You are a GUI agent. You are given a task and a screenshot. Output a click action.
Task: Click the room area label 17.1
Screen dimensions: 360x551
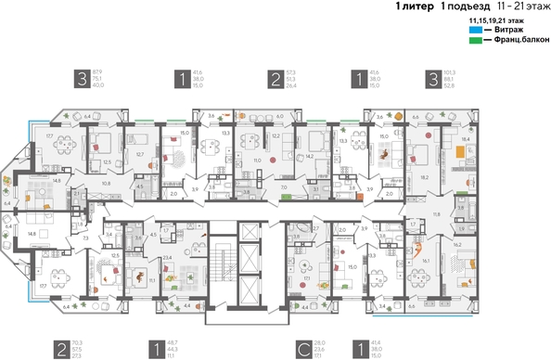306,276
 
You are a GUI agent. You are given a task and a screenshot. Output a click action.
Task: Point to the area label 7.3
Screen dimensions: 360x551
85,238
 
